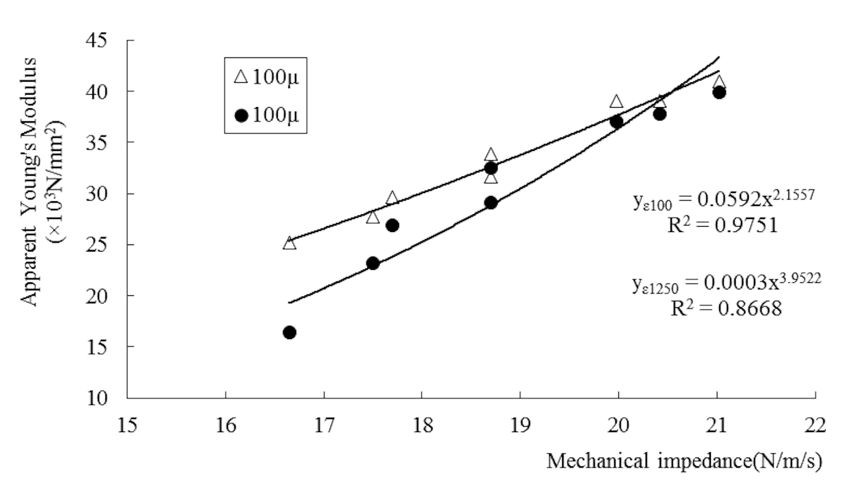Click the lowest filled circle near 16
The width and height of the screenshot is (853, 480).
click(289, 333)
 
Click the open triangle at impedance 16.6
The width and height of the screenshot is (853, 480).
click(289, 243)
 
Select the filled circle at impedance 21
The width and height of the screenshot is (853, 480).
click(719, 92)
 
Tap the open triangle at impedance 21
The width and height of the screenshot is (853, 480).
click(719, 82)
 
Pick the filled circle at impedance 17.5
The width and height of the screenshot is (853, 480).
click(373, 263)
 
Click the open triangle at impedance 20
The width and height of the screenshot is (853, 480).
click(617, 102)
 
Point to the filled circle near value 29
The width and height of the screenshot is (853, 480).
click(490, 203)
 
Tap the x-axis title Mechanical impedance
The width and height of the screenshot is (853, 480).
click(684, 459)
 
